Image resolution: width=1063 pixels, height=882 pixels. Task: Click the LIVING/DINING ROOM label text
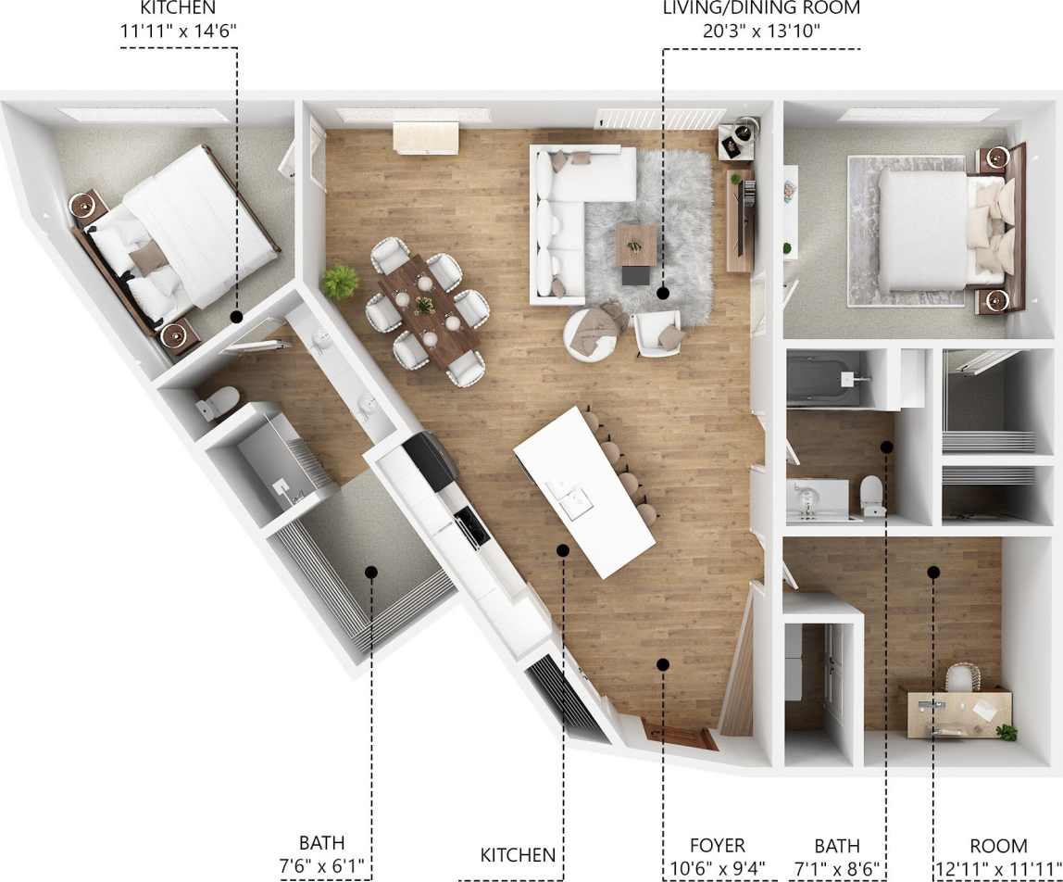[x=760, y=9]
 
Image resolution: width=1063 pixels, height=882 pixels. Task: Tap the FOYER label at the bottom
[x=718, y=846]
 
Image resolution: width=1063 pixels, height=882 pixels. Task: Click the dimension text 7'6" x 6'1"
[x=321, y=868]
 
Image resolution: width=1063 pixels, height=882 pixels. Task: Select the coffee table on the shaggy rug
[x=636, y=245]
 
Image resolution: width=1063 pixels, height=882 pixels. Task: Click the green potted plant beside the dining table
[x=340, y=281]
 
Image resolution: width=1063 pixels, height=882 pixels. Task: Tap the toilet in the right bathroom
[x=870, y=495]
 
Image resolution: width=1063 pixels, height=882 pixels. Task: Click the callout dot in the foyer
[x=662, y=663]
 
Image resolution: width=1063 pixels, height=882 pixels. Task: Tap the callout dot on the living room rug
[x=663, y=293]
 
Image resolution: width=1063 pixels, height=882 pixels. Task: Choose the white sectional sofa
[x=564, y=222]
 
